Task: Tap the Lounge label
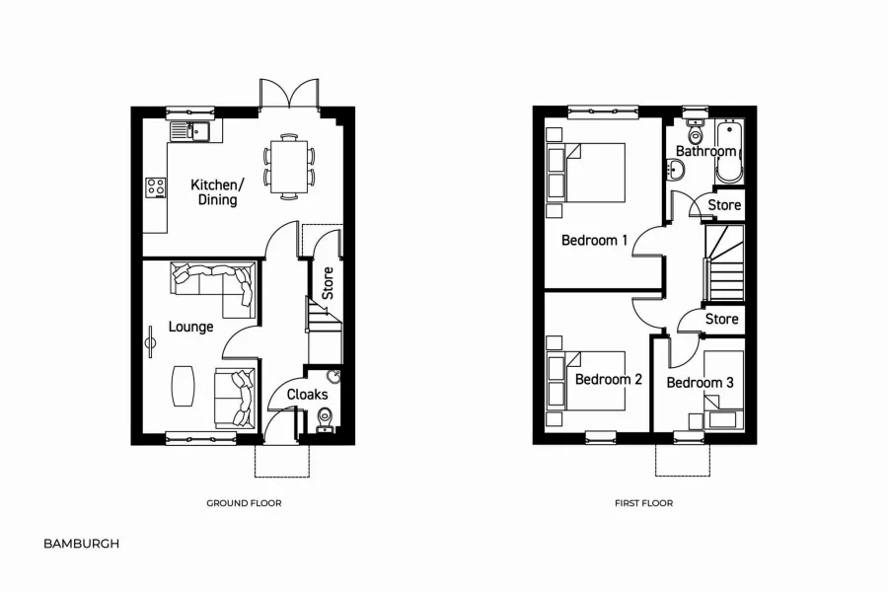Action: click(190, 327)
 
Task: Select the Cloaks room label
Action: click(307, 395)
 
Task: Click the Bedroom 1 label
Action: click(594, 240)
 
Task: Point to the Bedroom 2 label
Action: click(608, 380)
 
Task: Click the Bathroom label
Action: click(705, 152)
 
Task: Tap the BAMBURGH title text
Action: click(81, 543)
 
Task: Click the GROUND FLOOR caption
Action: click(244, 503)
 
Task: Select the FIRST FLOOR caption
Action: click(643, 503)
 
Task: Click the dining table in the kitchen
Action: click(288, 165)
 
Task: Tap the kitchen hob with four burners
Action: click(155, 186)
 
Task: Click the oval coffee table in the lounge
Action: click(184, 385)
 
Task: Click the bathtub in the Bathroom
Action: click(729, 151)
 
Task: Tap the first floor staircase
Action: click(723, 262)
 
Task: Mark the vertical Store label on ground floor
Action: click(328, 284)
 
